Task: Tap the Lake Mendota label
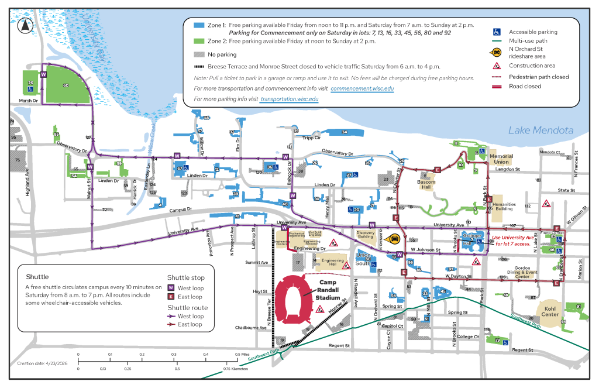click(540, 130)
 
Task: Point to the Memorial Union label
click(501, 159)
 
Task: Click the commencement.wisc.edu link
click(362, 88)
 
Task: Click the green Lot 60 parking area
click(66, 85)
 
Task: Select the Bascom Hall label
click(426, 184)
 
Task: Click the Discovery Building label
click(366, 235)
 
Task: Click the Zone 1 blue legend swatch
click(199, 26)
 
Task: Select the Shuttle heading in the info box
click(37, 277)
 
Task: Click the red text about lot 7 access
click(513, 240)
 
